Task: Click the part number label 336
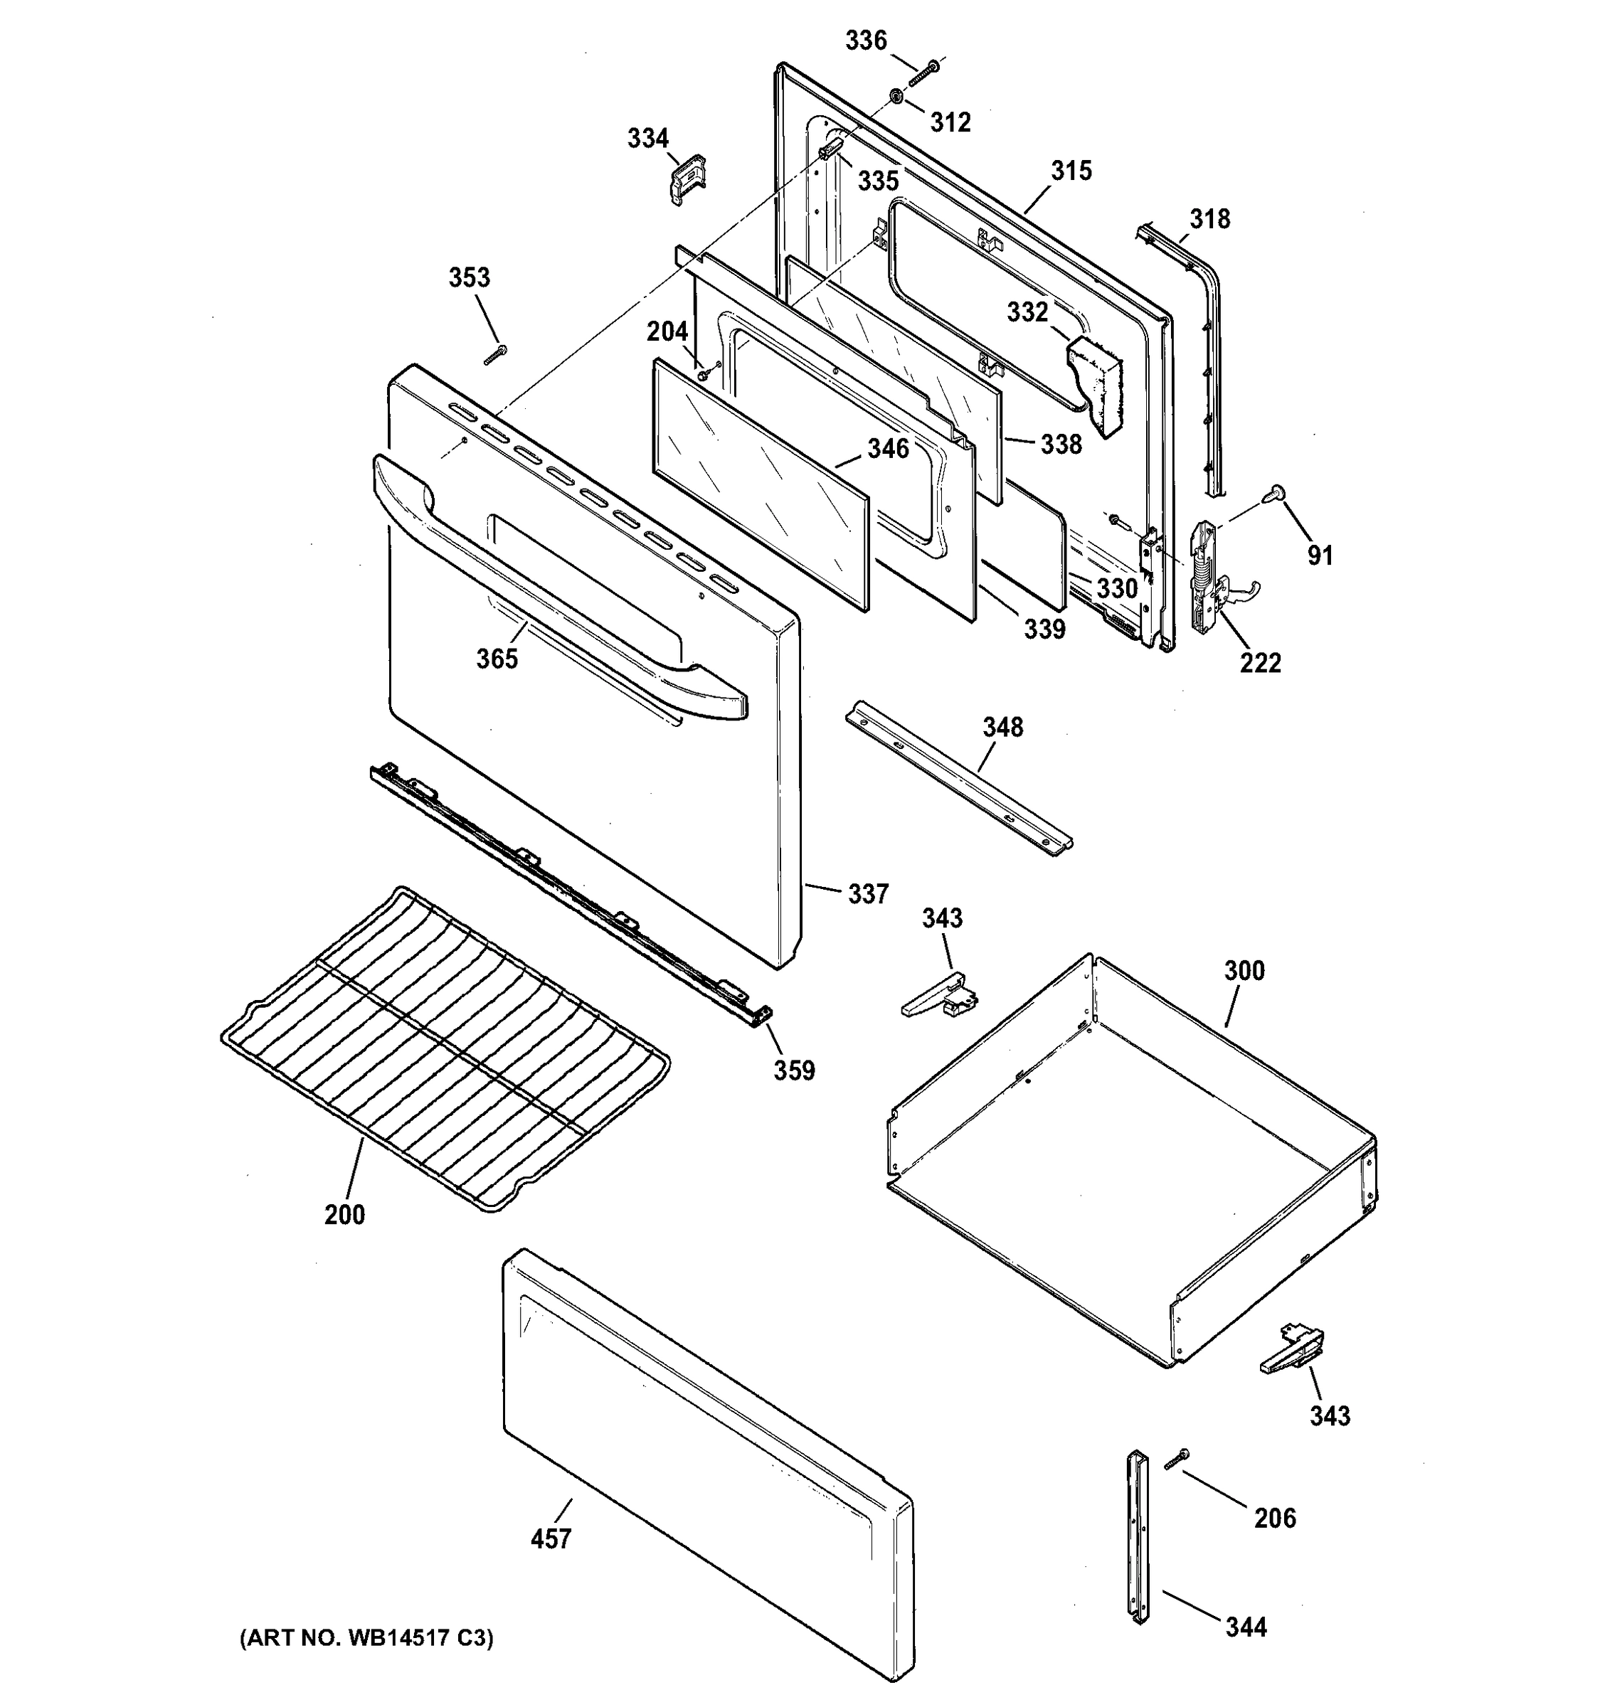866,41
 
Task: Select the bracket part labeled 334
687,178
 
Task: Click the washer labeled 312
895,96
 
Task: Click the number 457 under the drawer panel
551,1538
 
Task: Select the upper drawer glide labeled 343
940,996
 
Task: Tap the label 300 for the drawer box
1244,970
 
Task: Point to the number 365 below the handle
497,659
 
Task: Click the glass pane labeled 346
760,485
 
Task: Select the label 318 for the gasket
1209,219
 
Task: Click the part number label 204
667,331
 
